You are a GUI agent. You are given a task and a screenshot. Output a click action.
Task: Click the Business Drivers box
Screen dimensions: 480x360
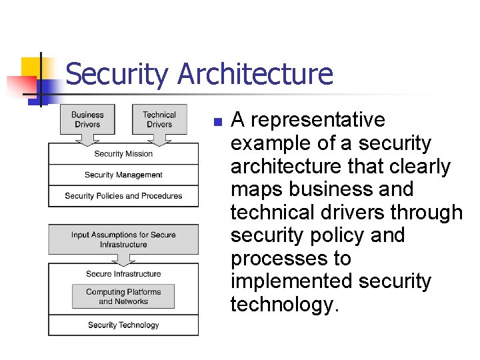coord(87,119)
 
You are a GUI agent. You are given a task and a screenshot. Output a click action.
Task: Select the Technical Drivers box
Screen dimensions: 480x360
coord(159,119)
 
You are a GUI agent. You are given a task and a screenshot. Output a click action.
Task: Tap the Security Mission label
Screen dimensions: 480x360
coord(123,154)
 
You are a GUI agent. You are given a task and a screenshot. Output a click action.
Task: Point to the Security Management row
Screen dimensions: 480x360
coord(123,175)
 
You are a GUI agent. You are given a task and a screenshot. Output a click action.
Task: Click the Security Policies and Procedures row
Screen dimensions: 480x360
coord(123,196)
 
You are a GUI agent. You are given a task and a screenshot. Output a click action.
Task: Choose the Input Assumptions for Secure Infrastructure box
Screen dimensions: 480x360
coord(123,239)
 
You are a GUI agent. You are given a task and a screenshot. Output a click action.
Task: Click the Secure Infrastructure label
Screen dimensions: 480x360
coord(123,274)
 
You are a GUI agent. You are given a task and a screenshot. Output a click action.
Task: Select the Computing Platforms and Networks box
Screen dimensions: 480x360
coord(123,297)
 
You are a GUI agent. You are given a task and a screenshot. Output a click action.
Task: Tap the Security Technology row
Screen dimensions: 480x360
coord(123,325)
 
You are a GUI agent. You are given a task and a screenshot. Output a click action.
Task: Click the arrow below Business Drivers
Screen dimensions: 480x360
coord(87,139)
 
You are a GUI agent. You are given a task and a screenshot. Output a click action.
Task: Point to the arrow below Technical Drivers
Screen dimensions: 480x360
coord(159,139)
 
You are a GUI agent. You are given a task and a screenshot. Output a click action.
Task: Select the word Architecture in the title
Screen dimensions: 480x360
coord(255,74)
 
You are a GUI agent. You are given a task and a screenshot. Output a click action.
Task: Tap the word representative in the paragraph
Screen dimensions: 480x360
coord(317,120)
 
